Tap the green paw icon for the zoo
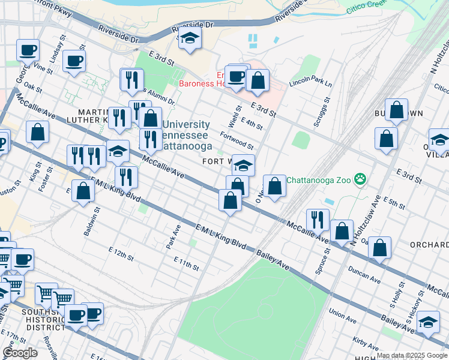[360, 178]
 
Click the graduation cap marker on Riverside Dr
[190, 38]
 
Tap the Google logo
[20, 353]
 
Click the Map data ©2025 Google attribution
[411, 356]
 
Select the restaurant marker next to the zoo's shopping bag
[318, 220]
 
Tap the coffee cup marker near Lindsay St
[74, 61]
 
